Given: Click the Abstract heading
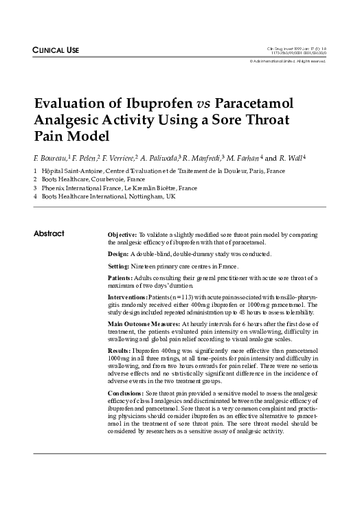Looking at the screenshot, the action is coord(49,234).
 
